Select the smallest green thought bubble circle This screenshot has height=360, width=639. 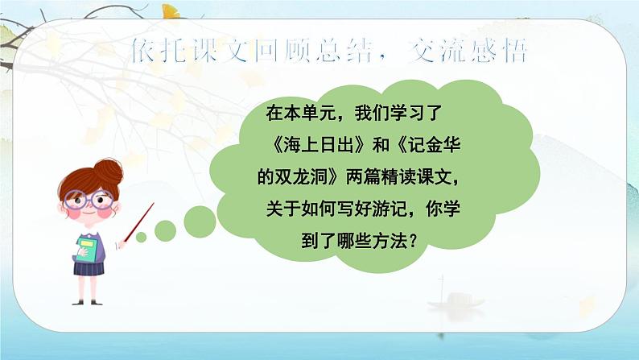(141, 238)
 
